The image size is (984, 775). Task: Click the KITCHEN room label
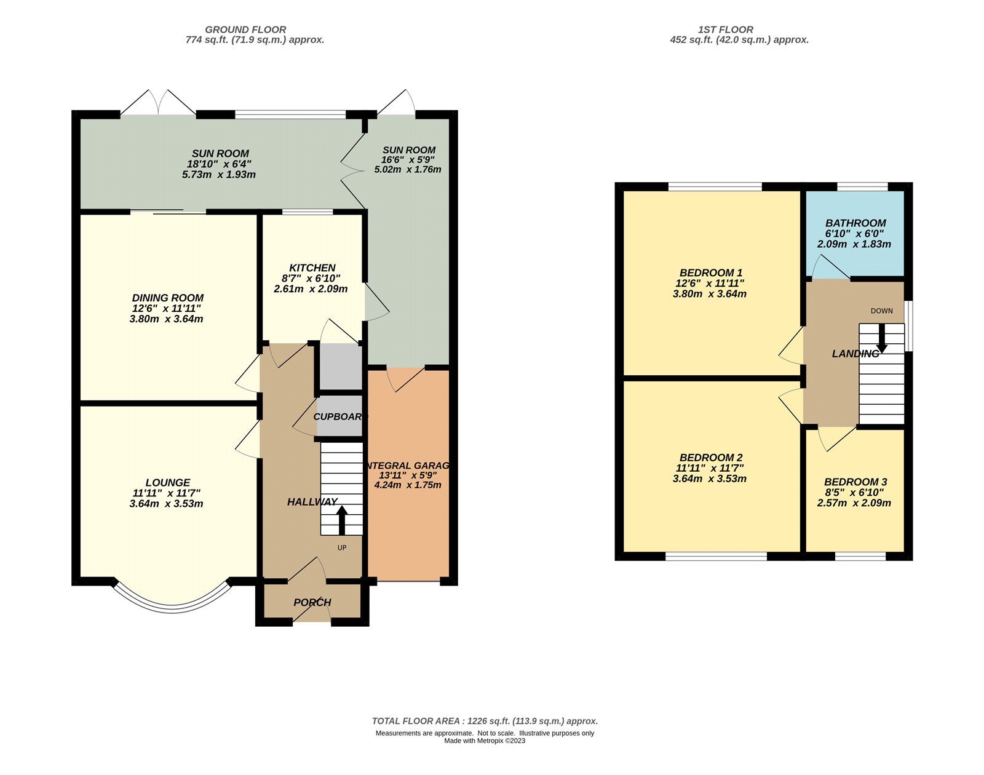pyautogui.click(x=312, y=268)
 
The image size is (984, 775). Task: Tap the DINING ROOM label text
pyautogui.click(x=167, y=298)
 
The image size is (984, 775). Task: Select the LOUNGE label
pyautogui.click(x=168, y=482)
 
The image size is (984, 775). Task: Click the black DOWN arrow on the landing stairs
pyautogui.click(x=881, y=338)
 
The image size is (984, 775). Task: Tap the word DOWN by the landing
pyautogui.click(x=881, y=311)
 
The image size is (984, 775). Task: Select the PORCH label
pyautogui.click(x=312, y=602)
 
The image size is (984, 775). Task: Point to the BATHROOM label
pyautogui.click(x=855, y=223)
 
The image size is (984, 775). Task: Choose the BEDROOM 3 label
pyautogui.click(x=855, y=482)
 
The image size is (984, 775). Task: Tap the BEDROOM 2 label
pyautogui.click(x=711, y=458)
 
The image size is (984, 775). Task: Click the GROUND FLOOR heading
pyautogui.click(x=245, y=29)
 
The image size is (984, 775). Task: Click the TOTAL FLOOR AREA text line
pyautogui.click(x=485, y=721)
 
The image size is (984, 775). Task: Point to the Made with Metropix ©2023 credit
pyautogui.click(x=485, y=741)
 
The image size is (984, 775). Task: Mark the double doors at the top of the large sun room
pyautogui.click(x=158, y=103)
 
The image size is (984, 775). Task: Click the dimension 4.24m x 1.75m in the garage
pyautogui.click(x=408, y=485)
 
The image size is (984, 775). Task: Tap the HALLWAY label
pyautogui.click(x=312, y=502)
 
